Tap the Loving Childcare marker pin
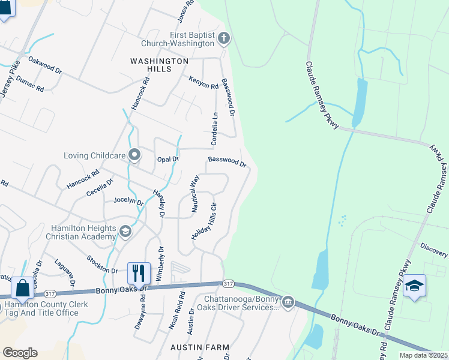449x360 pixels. (134, 155)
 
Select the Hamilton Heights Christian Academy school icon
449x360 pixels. (125, 232)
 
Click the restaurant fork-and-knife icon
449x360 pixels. (139, 274)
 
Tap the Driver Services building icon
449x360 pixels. (288, 301)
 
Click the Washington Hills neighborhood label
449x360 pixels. (159, 65)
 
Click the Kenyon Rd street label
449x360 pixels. (203, 83)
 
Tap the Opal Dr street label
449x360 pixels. (168, 159)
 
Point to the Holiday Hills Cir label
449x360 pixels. (203, 222)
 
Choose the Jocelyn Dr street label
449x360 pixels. (128, 202)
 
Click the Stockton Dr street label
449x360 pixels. (101, 264)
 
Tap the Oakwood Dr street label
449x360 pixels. (46, 65)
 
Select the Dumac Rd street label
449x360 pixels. (30, 83)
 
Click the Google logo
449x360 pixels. (20, 353)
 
